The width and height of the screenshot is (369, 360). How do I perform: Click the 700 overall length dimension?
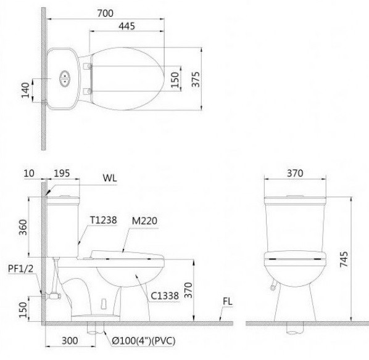(106, 11)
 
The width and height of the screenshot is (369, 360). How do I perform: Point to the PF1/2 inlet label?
(20, 269)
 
